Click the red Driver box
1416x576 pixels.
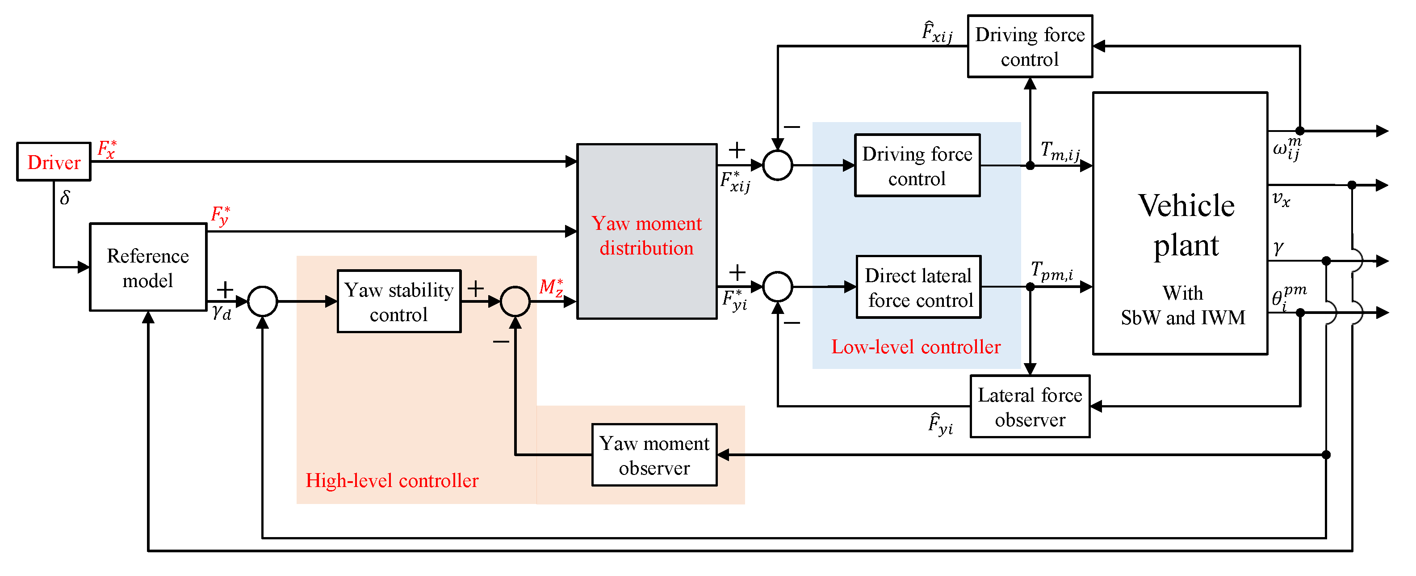[x=54, y=162]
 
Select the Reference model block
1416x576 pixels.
[x=148, y=267]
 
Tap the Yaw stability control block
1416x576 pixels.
[x=399, y=301]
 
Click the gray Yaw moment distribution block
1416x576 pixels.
[x=646, y=232]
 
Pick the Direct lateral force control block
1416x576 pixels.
[x=918, y=287]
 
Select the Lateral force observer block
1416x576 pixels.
[x=1030, y=407]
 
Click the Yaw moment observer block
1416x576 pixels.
[x=654, y=455]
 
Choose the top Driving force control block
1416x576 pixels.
[x=1030, y=46]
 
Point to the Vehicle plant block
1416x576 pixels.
[x=1180, y=223]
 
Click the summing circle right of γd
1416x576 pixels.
[x=263, y=301]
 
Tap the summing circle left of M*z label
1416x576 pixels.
[x=515, y=301]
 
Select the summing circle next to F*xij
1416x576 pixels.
[x=778, y=165]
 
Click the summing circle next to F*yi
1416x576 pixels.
[x=778, y=287]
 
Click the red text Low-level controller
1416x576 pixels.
[x=916, y=347]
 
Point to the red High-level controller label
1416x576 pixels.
[x=392, y=480]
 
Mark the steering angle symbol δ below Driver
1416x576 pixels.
[x=65, y=198]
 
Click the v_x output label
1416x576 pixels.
[x=1281, y=199]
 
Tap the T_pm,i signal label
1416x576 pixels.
[x=1052, y=271]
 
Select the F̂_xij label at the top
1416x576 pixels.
[x=937, y=32]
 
